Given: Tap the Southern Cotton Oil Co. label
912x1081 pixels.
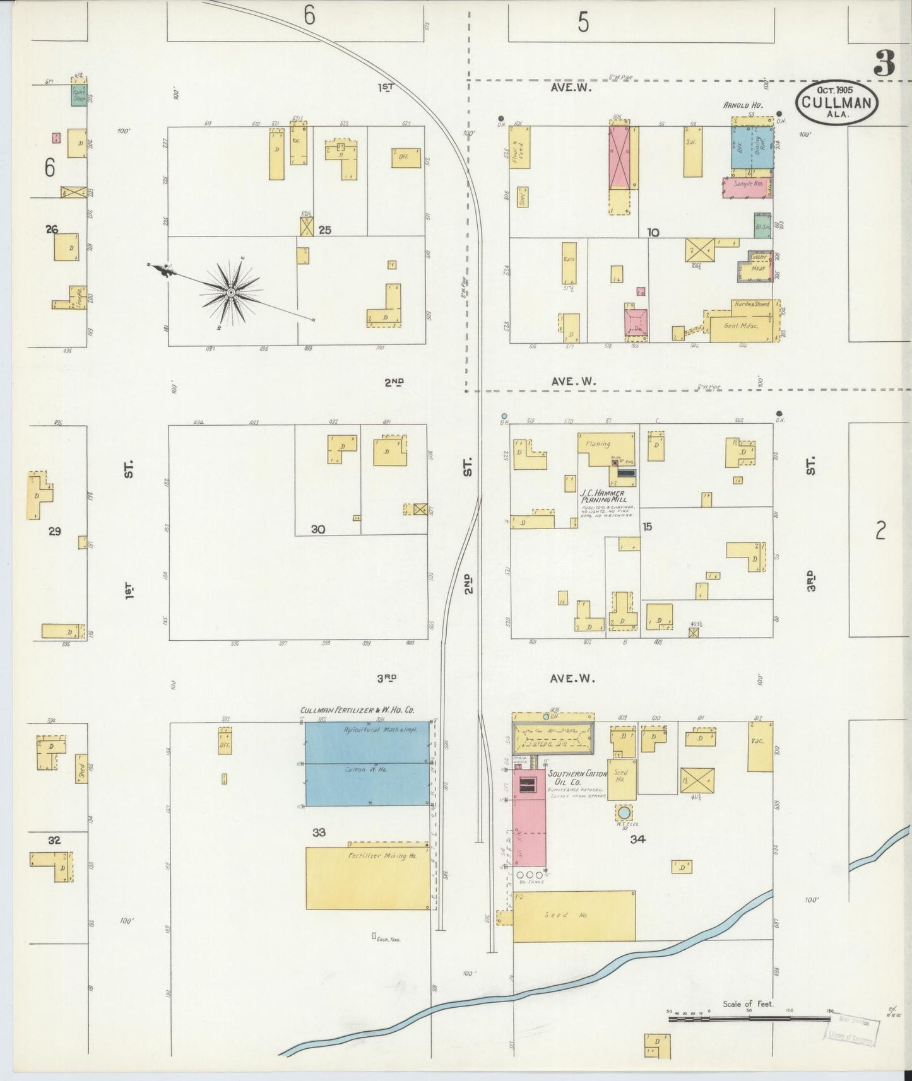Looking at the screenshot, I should [x=576, y=778].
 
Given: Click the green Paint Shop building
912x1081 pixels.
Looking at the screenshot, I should [x=79, y=95].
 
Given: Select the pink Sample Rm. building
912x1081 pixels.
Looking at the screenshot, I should [x=748, y=184].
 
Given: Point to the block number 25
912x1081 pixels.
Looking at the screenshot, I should [x=324, y=230].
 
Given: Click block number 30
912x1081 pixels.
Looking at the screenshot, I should [x=317, y=529].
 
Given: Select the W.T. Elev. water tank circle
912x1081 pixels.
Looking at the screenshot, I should [x=624, y=812].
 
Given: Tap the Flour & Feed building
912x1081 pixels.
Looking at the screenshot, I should [x=520, y=147].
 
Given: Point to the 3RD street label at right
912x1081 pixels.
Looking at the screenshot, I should [x=810, y=581].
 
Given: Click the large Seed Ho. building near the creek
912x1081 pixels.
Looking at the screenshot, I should [x=573, y=916].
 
